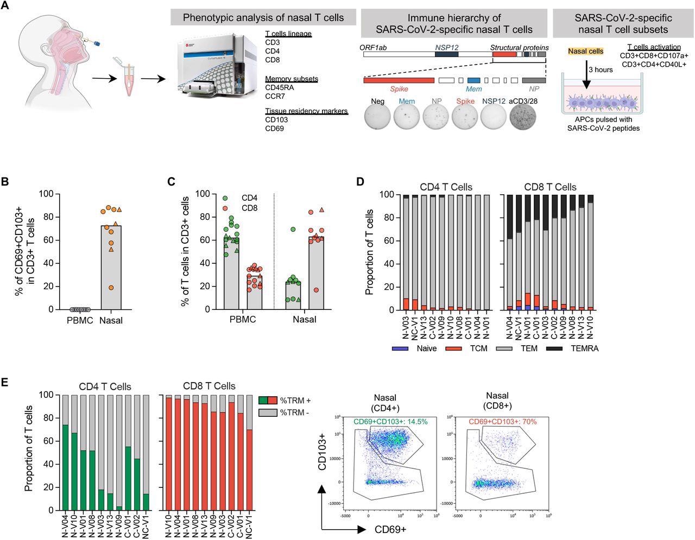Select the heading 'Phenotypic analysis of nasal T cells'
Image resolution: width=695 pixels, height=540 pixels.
pyautogui.click(x=263, y=17)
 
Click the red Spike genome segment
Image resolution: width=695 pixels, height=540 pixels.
pyautogui.click(x=399, y=80)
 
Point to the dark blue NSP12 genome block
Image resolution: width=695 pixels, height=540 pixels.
pyautogui.click(x=446, y=55)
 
